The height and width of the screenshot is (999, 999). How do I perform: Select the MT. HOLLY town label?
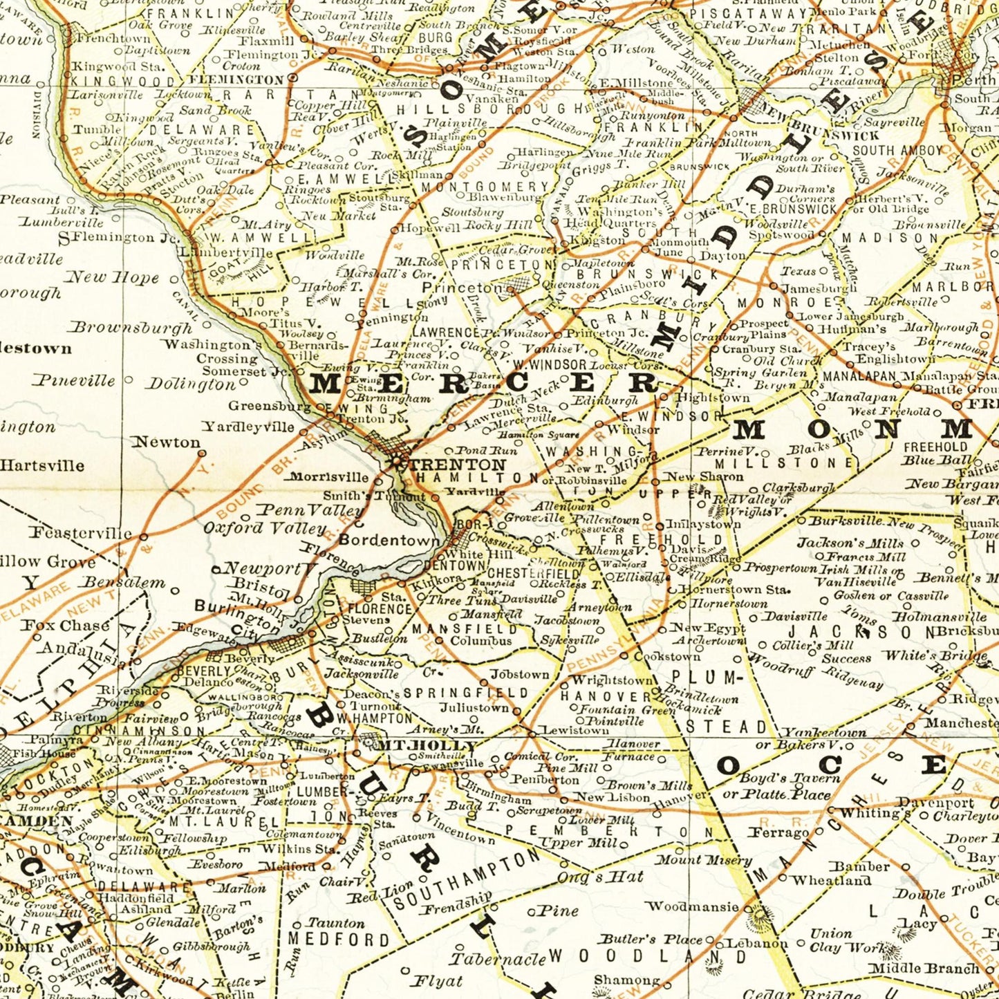click(426, 745)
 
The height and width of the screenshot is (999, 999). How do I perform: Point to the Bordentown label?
click(389, 540)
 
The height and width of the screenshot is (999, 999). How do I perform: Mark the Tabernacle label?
click(498, 959)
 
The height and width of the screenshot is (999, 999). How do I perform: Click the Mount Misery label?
click(702, 860)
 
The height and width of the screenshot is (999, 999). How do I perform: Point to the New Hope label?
click(111, 277)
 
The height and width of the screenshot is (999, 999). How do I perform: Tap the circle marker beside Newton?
click(202, 454)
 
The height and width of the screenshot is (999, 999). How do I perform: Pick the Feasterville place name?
click(80, 532)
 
